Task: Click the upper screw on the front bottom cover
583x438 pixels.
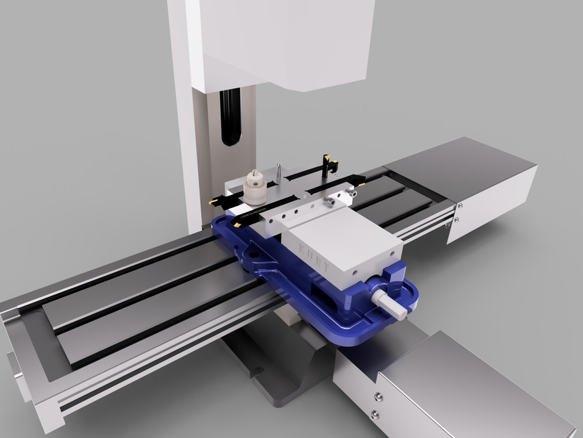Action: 377,396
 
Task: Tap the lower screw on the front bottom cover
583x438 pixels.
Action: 374,414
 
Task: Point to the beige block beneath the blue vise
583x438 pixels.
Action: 286,315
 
